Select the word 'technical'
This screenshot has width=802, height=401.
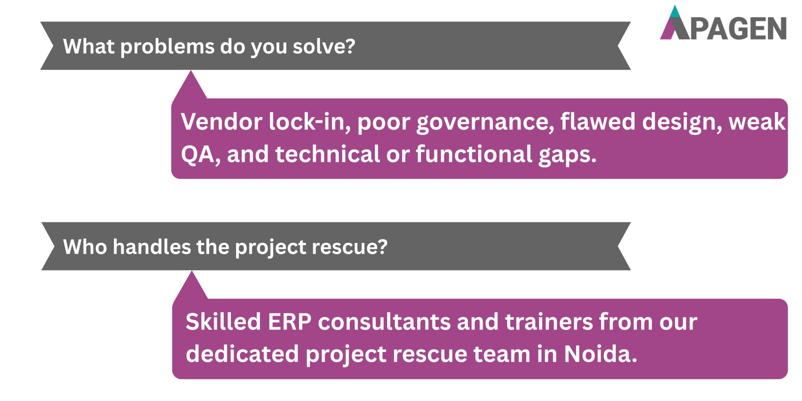[x=327, y=154]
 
